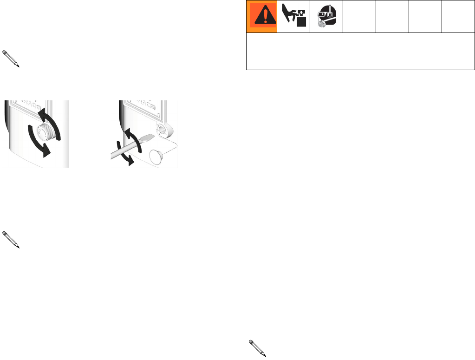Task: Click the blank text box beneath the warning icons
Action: click(x=360, y=52)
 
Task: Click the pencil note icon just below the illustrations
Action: click(x=11, y=239)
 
